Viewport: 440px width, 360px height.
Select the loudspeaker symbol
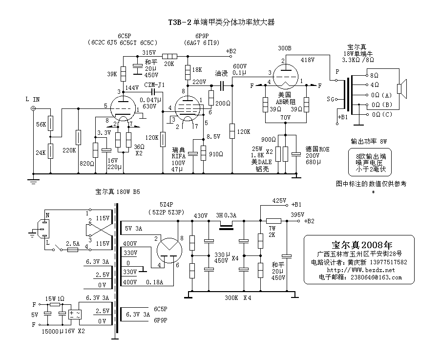pos(401,88)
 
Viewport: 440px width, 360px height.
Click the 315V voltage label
pos(149,52)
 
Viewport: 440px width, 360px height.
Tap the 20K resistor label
pos(169,64)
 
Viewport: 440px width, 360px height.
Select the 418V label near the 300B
pos(307,60)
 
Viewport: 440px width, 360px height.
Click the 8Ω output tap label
pos(374,76)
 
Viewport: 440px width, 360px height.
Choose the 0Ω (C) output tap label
pos(381,114)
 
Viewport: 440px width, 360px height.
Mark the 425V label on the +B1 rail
pos(279,200)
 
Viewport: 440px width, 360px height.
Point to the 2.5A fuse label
pos(73,243)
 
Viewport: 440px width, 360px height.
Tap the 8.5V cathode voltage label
pos(214,136)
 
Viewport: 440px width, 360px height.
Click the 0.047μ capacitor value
pos(150,99)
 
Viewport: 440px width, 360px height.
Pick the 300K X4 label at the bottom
pos(237,297)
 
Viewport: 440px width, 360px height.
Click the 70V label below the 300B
pos(286,117)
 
